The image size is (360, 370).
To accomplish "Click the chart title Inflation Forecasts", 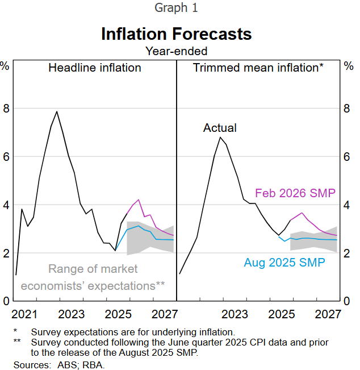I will pyautogui.click(x=176, y=34).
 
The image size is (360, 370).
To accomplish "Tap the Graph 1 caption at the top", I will pyautogui.click(x=176, y=9).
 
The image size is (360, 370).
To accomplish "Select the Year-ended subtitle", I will pyautogui.click(x=176, y=51).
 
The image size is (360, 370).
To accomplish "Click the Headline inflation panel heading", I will pyautogui.click(x=95, y=68).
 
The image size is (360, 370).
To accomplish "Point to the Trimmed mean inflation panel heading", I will pyautogui.click(x=258, y=68).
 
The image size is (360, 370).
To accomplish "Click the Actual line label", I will pyautogui.click(x=220, y=128).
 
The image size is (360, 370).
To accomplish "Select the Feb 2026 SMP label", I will pyautogui.click(x=295, y=193).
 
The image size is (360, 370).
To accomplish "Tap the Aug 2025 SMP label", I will pyautogui.click(x=284, y=263).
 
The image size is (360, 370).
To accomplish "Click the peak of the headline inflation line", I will pyautogui.click(x=57, y=111).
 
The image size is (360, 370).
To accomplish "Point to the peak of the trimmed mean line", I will pyautogui.click(x=220, y=138).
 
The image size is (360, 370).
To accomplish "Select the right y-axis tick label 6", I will pyautogui.click(x=348, y=156).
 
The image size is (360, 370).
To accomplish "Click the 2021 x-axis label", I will pyautogui.click(x=24, y=314).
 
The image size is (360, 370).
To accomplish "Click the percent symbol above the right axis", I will pyautogui.click(x=348, y=65).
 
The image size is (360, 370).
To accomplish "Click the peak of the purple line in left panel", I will pyautogui.click(x=139, y=199).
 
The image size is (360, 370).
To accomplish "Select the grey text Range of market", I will pyautogui.click(x=93, y=269).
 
